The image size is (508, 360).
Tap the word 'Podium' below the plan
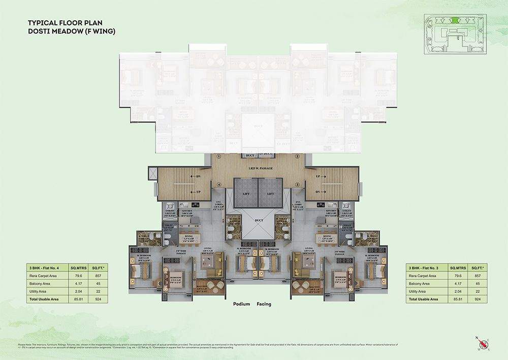241,304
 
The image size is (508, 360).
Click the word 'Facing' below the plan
264,304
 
